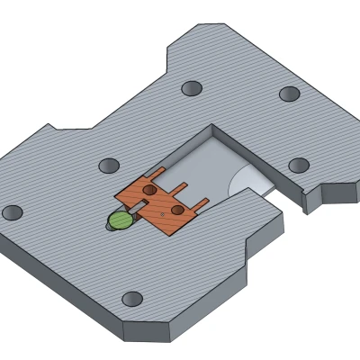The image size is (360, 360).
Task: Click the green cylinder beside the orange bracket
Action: point(118,220)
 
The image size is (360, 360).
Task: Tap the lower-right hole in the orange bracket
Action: point(177,210)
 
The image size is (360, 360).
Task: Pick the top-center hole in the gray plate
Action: point(191,88)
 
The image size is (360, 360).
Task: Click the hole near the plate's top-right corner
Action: point(289,94)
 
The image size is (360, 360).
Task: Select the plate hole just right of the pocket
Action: point(298,165)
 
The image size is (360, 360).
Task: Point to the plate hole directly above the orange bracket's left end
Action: point(109,166)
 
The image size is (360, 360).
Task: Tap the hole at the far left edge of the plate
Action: point(13,212)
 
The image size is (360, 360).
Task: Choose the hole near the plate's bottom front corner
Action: point(132,298)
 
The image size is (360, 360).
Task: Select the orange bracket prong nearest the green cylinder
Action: point(159,174)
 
